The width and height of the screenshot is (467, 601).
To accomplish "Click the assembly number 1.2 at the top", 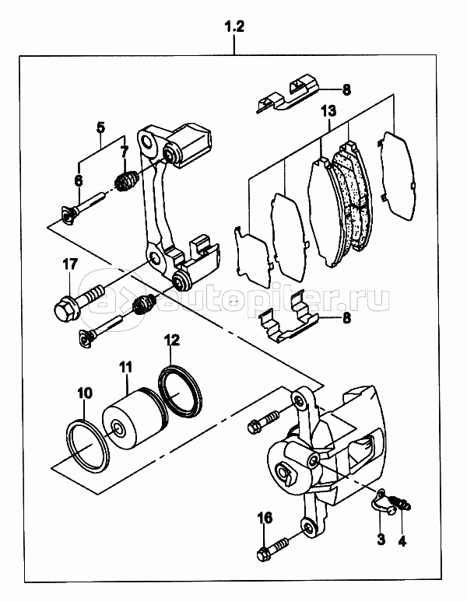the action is (234, 27).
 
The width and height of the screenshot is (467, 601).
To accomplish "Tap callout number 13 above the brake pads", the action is (329, 111).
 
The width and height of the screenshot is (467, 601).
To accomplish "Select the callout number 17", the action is (71, 264).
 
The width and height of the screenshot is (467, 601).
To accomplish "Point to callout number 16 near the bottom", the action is (265, 518).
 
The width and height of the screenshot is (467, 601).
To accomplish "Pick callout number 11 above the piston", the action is (125, 367).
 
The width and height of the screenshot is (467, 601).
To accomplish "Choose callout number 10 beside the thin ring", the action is (85, 393).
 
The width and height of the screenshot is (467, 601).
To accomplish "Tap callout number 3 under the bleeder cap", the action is (381, 540).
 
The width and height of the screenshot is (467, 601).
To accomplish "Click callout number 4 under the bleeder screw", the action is (402, 540).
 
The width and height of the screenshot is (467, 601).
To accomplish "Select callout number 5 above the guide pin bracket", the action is (100, 127).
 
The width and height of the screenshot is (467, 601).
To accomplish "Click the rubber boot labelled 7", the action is (125, 180).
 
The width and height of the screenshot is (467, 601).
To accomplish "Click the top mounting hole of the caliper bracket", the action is (147, 142).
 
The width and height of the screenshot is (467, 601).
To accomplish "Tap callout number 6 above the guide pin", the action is (79, 180).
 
